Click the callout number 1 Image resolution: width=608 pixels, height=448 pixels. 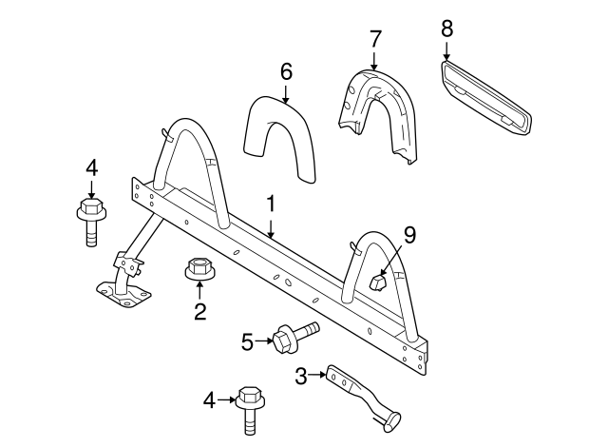click(271, 204)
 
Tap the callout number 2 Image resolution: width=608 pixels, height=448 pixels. click(199, 311)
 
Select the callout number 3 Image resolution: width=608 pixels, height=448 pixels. click(300, 377)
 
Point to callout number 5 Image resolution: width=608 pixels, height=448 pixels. click(247, 340)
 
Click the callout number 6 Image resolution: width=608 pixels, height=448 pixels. click(286, 71)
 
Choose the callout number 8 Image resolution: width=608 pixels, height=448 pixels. click(446, 29)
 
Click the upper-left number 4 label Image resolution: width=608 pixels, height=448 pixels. click(91, 168)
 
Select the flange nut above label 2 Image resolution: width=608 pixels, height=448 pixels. click(199, 270)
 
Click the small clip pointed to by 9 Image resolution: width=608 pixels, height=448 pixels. click(375, 282)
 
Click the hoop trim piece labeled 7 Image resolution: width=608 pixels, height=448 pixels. click(380, 112)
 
